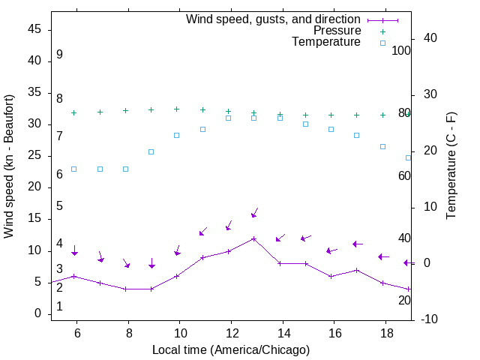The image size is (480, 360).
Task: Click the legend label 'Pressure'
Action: [337, 31]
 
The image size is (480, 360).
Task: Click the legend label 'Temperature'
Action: [326, 43]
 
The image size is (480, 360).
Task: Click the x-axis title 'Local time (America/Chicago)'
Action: [231, 349]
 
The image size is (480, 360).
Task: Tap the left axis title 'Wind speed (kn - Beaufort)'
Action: [9, 166]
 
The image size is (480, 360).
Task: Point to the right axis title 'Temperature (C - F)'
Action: [451, 166]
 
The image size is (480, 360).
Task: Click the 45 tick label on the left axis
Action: [34, 30]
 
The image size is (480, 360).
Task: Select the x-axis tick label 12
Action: [231, 332]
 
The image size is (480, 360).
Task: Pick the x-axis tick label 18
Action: [385, 332]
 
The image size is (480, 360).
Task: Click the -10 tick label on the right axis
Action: [430, 319]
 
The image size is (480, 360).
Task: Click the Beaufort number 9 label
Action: [59, 55]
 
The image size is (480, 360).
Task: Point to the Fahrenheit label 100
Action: [402, 51]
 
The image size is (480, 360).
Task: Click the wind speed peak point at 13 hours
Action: [254, 238]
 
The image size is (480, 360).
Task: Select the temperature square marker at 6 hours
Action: [73, 169]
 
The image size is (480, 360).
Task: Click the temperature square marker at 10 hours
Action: [177, 135]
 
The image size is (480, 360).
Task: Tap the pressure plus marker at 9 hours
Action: [151, 109]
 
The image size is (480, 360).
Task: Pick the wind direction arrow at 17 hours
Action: [358, 244]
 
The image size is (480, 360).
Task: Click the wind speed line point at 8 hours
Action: [126, 289]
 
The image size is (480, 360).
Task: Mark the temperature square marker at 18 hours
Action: [382, 146]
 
